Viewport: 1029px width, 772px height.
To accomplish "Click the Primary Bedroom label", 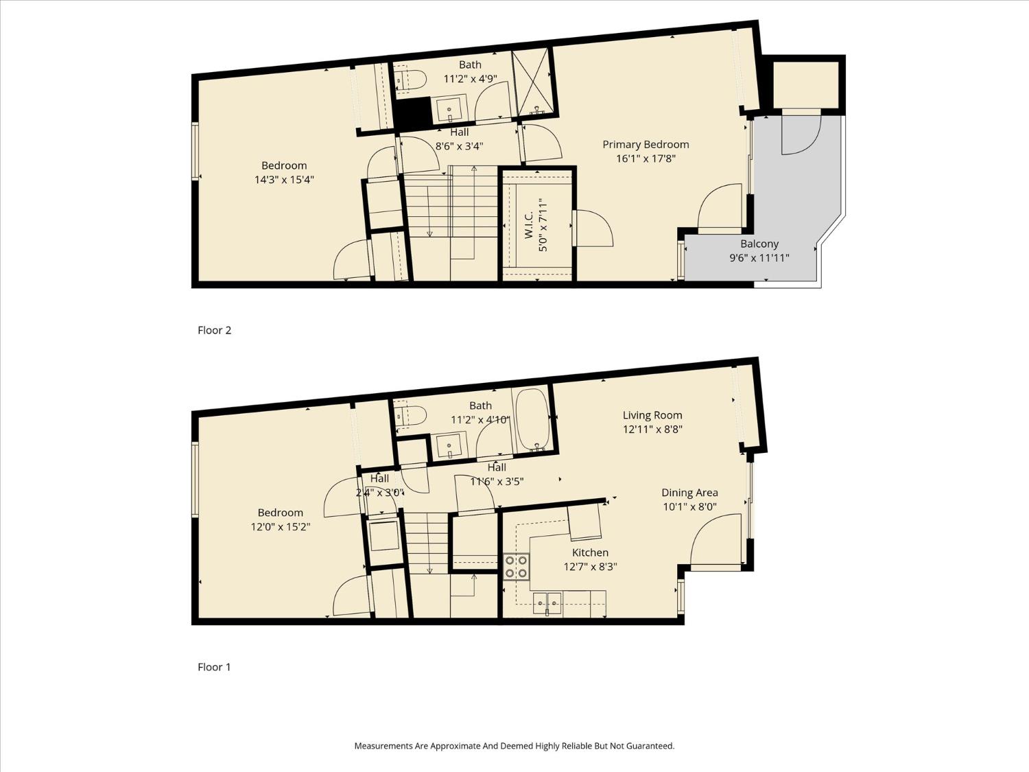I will click(646, 144).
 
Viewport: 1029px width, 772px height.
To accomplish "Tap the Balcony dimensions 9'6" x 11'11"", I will click(759, 258).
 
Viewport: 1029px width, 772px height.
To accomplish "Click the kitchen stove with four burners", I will click(516, 566).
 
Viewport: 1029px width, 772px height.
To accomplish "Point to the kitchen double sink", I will click(547, 603).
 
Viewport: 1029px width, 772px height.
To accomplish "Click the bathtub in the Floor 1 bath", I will click(532, 419).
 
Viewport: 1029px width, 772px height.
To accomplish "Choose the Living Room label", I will click(652, 415).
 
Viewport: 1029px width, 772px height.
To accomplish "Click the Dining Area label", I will click(689, 493).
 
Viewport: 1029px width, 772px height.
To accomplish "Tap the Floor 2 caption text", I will click(214, 330).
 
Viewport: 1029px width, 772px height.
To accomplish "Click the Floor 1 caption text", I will click(214, 667).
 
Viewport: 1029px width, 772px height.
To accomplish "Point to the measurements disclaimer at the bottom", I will click(514, 746).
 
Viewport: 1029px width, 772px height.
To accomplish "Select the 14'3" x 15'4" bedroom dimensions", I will click(284, 180).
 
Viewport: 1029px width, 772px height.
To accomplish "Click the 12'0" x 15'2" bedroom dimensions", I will click(281, 527).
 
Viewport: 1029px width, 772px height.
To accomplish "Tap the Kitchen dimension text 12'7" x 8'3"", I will click(590, 567).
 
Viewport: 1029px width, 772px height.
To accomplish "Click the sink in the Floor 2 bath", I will click(449, 108).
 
